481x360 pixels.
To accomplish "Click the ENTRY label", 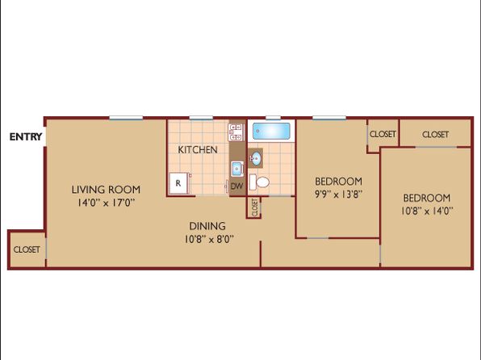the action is point(26,136).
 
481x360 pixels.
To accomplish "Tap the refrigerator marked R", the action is point(178,183).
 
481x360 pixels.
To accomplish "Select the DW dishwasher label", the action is point(236,186).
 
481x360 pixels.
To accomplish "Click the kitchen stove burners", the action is point(236,132).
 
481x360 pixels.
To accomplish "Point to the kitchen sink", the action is point(237,169).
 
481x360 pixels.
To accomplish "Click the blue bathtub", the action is point(271,131).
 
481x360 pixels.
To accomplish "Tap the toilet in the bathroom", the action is point(259,182).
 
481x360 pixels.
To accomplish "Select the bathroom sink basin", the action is point(255,158).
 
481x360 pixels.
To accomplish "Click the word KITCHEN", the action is point(198,150).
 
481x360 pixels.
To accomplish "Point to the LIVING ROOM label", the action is point(106,190).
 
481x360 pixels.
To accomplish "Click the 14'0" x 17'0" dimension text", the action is point(106,203).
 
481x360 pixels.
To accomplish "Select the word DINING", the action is point(207,226).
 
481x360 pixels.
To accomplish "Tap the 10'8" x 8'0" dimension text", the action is point(209,239).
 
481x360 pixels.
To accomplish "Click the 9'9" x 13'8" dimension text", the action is point(339,195).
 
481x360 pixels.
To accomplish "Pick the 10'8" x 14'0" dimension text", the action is point(427,211).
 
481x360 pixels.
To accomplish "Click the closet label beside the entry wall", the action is point(27,249).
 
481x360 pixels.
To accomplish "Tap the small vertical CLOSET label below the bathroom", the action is point(254,207).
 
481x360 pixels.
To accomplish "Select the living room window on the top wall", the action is point(126,118).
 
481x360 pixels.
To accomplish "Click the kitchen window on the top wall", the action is point(201,118).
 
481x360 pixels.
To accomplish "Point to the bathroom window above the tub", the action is point(273,118).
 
